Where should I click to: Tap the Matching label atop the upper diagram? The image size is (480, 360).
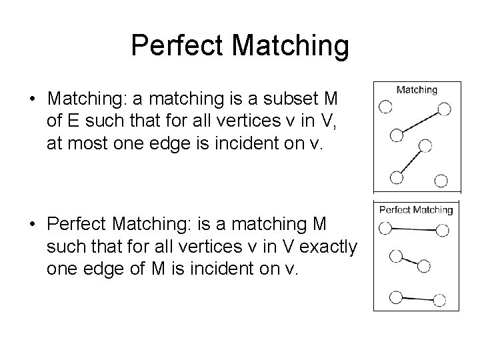tap(417, 89)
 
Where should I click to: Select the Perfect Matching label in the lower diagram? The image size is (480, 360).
tap(415, 209)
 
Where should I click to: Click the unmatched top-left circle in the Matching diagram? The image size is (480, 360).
tap(385, 106)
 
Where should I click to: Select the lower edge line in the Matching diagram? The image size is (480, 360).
tap(409, 161)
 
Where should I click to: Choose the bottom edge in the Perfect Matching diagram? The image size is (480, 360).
tap(417, 299)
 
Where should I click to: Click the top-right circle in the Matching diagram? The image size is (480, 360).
tap(444, 109)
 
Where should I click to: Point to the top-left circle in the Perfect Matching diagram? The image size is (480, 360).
tap(385, 228)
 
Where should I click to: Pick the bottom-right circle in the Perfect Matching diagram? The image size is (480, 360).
tap(439, 301)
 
